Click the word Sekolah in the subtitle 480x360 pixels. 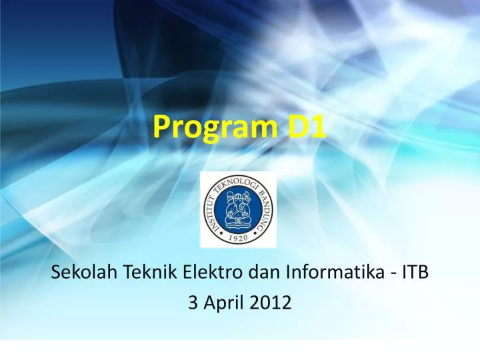(x=81, y=272)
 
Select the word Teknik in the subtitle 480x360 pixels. (x=139, y=272)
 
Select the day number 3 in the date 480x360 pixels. (x=193, y=303)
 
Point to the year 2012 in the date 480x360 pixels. (x=272, y=303)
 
